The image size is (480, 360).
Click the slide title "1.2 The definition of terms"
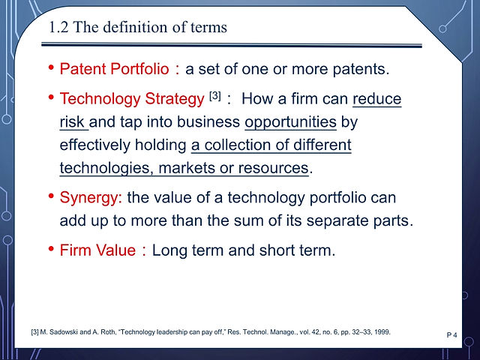[138, 27]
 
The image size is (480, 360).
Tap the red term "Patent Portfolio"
[114, 68]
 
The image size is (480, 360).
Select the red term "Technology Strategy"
[132, 99]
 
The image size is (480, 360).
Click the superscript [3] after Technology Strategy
[215, 96]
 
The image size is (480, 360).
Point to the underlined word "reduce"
[376, 98]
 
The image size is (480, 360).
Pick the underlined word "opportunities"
[290, 122]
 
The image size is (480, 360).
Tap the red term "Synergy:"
[91, 198]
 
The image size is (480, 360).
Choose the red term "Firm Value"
[97, 250]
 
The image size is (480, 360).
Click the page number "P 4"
[451, 335]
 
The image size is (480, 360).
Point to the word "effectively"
[94, 145]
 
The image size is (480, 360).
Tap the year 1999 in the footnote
[384, 331]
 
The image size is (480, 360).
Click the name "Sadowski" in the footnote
[64, 331]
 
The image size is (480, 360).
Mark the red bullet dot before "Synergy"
[51, 196]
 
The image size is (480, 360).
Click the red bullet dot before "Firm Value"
[51, 248]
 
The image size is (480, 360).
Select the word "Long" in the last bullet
[169, 250]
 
